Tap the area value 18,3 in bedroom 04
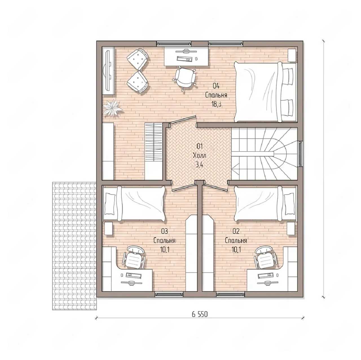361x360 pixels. pos(217,104)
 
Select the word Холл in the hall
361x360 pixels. pos(199,155)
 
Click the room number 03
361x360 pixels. pos(164,231)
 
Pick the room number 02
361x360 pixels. pos(236,231)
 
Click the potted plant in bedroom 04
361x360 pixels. pos(113,108)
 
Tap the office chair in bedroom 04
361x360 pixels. pos(184,78)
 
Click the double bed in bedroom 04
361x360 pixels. pos(266,92)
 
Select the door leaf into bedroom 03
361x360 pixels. pos(183,188)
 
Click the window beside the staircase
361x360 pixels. pos(300,154)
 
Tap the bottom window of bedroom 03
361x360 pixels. pos(169,294)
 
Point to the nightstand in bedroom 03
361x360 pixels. pos(109,228)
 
